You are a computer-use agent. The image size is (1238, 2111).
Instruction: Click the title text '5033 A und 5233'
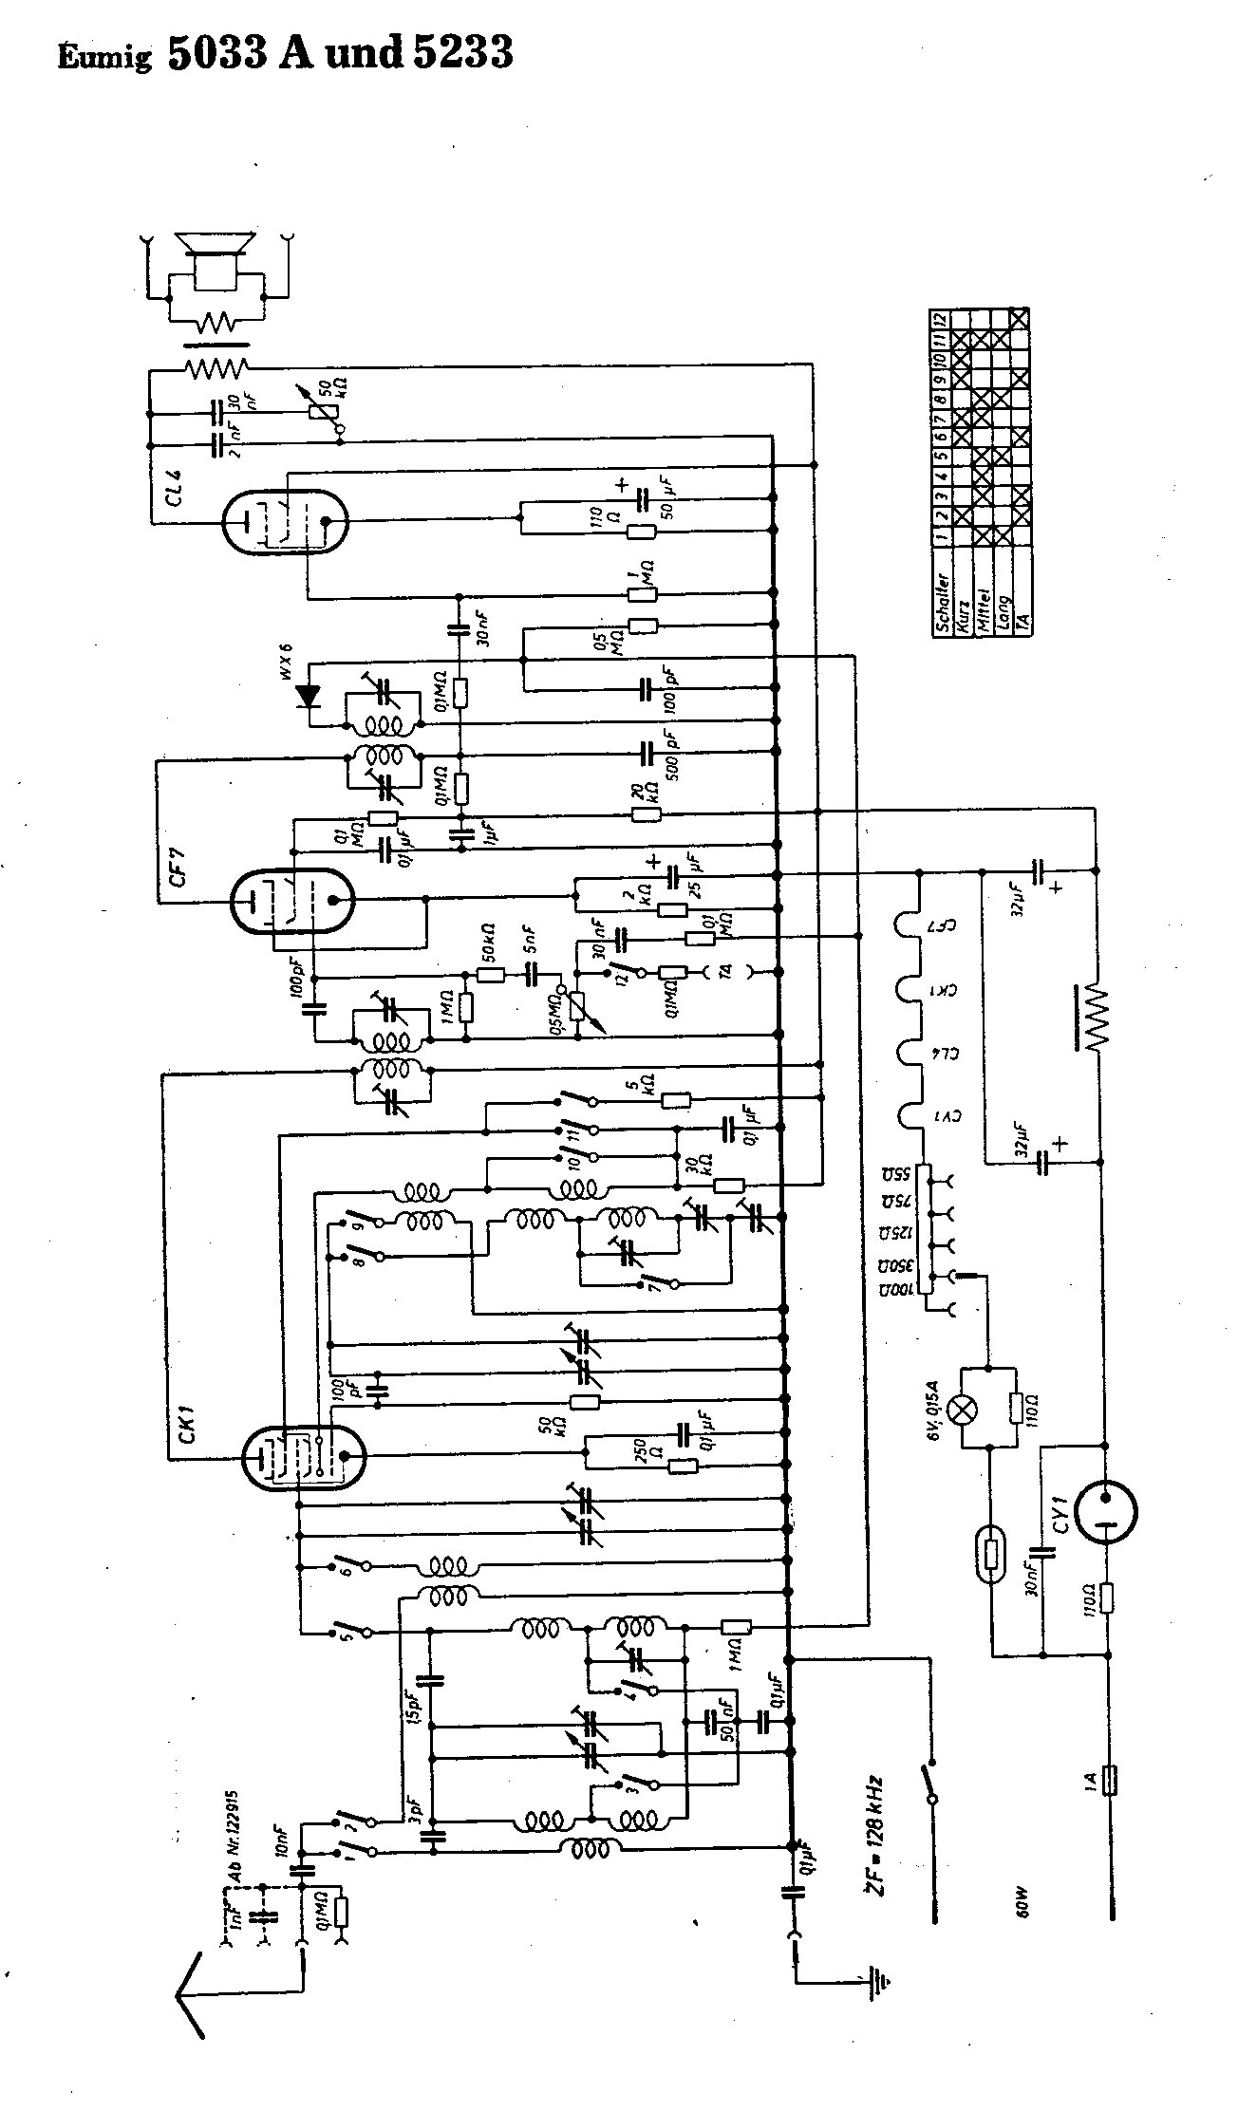coord(340,54)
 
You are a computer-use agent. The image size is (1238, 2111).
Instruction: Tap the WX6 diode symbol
coord(308,697)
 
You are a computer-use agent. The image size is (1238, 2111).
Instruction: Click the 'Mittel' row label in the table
coord(982,610)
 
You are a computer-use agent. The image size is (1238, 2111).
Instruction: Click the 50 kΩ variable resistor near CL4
coord(328,400)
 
